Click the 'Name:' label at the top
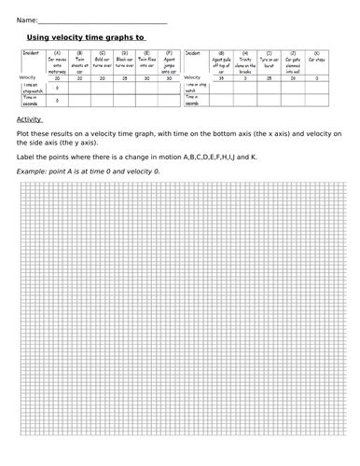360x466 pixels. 27,20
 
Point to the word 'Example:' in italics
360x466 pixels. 33,172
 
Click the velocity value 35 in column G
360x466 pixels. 220,77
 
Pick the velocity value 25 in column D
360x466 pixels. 124,77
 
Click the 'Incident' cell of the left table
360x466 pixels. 30,54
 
